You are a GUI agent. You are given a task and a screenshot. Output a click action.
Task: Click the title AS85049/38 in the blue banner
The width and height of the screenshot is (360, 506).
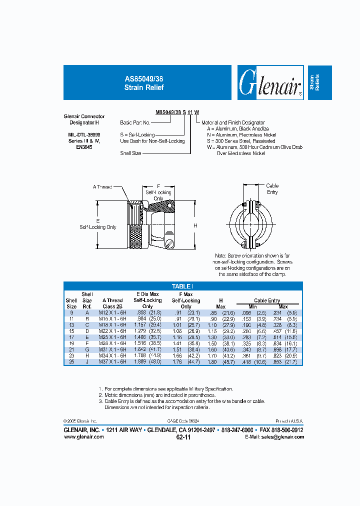click(144, 79)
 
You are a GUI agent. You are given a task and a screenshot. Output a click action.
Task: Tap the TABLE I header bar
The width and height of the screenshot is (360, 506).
click(183, 286)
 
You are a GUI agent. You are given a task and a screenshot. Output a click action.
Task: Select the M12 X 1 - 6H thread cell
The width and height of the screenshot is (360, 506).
click(112, 312)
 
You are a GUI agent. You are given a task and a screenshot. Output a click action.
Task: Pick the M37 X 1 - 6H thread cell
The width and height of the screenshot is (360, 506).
click(112, 361)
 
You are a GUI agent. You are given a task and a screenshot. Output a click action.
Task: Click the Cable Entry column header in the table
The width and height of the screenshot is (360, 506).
click(267, 300)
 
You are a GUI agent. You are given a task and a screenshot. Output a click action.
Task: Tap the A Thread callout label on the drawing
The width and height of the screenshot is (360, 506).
click(102, 187)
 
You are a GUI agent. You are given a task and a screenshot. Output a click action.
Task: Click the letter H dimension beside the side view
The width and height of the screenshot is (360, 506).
click(195, 226)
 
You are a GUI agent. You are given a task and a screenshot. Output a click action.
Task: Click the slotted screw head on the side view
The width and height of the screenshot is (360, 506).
click(170, 244)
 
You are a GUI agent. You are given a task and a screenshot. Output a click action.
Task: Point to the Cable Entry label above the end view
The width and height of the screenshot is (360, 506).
click(272, 189)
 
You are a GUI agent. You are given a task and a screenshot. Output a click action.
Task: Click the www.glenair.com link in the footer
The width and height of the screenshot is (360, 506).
click(84, 436)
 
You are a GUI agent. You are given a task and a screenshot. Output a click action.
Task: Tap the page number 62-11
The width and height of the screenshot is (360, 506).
click(183, 437)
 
